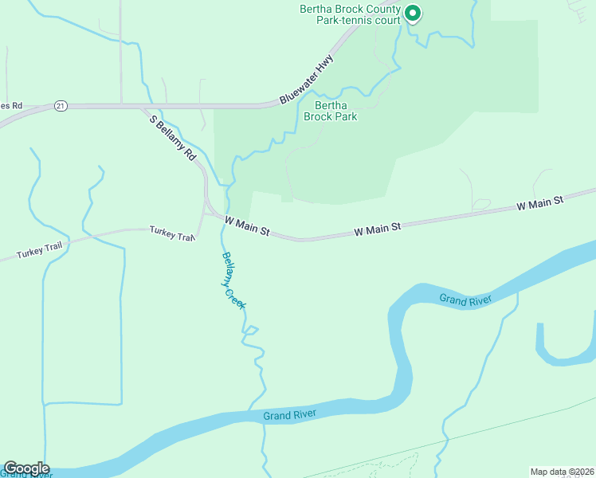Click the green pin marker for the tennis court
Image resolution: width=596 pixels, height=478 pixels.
pos(412,14)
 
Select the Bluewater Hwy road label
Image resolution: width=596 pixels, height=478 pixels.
pos(307,80)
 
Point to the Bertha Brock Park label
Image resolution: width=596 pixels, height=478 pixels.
pos(335,111)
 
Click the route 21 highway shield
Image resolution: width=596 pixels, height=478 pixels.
pos(61,105)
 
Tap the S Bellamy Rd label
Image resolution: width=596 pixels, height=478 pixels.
pos(173,139)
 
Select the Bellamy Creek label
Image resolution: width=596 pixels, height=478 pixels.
pos(233,280)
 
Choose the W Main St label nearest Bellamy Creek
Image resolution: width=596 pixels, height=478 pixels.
pos(248,225)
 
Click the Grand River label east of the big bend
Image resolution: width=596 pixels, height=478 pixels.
pos(465,299)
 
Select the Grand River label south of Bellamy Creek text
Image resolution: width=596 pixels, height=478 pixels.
pos(290,414)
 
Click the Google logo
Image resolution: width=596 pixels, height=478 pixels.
pos(26,468)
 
